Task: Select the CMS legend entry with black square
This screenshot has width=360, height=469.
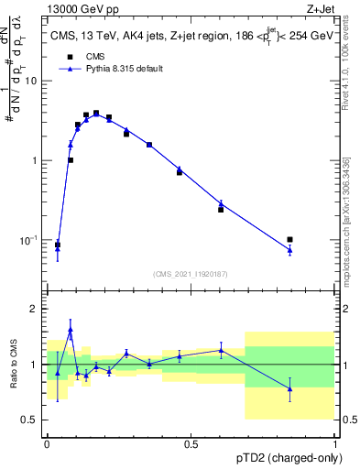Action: pyautogui.click(x=86, y=57)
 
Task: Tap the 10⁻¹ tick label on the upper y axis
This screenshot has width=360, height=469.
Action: pyautogui.click(x=31, y=240)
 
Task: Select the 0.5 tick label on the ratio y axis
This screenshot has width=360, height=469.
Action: pyautogui.click(x=32, y=420)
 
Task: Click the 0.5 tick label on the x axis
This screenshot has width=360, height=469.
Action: pyautogui.click(x=191, y=444)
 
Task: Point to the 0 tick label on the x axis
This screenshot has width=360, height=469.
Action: pyautogui.click(x=47, y=444)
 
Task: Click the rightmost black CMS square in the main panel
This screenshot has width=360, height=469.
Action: pyautogui.click(x=289, y=240)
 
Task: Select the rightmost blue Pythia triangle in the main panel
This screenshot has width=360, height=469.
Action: pyautogui.click(x=289, y=250)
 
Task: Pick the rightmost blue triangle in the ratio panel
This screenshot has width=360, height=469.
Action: pyautogui.click(x=289, y=388)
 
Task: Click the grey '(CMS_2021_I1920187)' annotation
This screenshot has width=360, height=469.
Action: pyautogui.click(x=191, y=273)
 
